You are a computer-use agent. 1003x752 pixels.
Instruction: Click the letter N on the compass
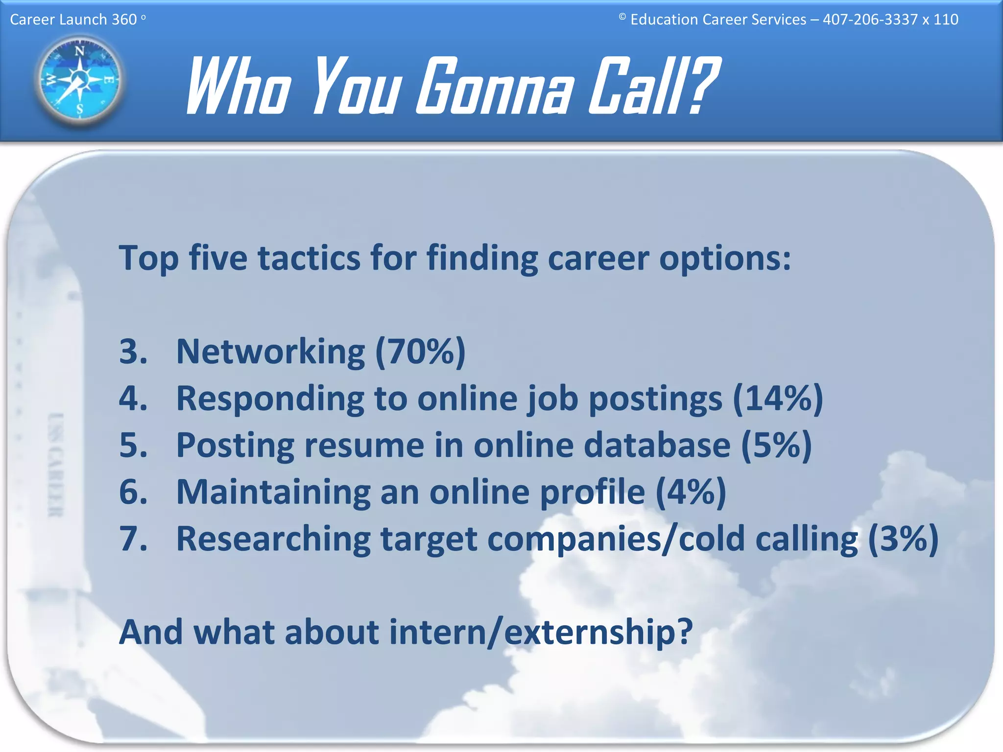pos(79,51)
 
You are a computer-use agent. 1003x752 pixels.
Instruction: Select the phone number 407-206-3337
pos(870,20)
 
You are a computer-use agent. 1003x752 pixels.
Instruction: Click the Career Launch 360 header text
pos(73,20)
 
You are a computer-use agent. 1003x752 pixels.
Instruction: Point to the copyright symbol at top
pos(622,17)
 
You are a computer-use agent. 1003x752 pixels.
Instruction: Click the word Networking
pos(270,352)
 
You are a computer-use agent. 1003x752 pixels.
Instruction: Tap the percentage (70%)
pos(420,352)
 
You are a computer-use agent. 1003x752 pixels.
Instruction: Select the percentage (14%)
pos(778,399)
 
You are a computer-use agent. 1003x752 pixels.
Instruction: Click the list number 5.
pos(133,446)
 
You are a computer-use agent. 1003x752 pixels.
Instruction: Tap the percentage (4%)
pos(691,492)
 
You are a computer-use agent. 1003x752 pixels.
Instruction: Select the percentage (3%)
pos(903,539)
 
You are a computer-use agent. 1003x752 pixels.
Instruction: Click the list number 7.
pos(133,539)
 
